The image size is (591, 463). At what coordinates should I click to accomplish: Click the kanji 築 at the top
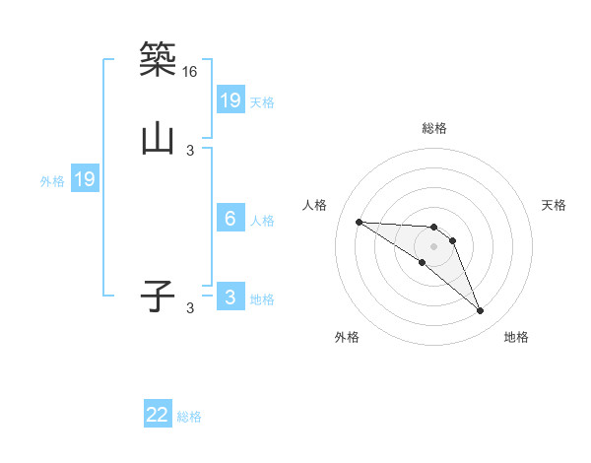coord(158,59)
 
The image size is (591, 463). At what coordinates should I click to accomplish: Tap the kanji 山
coord(158,138)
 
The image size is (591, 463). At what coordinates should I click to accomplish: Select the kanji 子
coord(158,295)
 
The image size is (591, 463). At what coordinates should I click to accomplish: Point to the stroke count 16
coord(190,72)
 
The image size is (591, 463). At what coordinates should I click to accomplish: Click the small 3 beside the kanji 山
coord(190,150)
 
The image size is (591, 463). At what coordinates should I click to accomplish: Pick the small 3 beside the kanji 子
coord(190,308)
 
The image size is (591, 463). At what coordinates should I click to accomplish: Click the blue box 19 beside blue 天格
coord(230,99)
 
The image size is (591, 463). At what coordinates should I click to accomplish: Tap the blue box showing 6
coord(230,219)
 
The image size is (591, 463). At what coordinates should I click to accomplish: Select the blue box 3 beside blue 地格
coord(230,298)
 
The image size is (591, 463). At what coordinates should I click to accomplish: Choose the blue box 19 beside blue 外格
coord(85,179)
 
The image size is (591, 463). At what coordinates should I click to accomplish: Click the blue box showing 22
coord(158,415)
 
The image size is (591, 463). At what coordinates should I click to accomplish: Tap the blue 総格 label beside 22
coord(189,417)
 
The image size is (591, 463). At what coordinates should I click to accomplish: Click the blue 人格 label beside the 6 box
coord(262,221)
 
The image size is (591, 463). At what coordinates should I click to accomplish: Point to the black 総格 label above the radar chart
coord(434,127)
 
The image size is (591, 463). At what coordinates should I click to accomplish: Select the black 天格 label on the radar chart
coord(554,205)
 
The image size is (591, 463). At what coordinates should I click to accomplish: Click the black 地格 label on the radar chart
coord(516,337)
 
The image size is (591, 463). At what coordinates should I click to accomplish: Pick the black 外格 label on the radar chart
coord(347,337)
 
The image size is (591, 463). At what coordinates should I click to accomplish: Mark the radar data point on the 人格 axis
coord(359,222)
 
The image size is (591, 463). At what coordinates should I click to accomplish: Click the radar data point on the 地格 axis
coord(481,311)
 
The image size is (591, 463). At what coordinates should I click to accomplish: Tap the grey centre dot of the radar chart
coord(434,245)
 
